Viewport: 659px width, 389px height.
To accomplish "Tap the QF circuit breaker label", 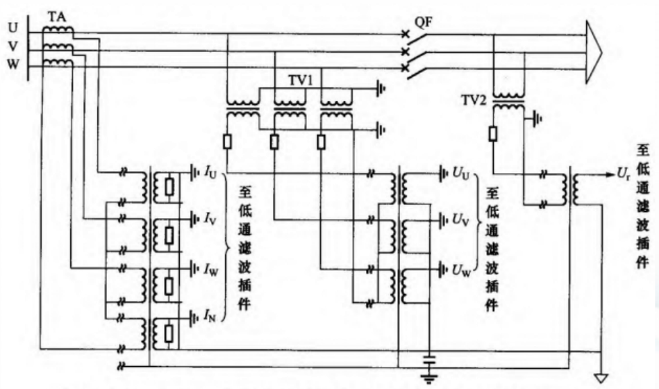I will pos(424,24).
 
